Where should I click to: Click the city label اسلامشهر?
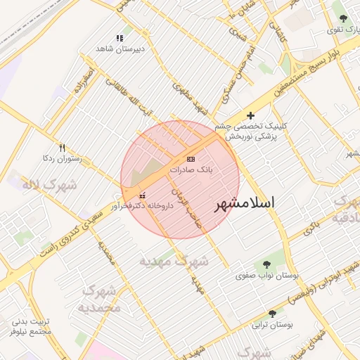tap(243, 202)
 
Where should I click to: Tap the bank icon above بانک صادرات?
tap(191, 159)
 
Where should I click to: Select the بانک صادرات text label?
tap(191, 170)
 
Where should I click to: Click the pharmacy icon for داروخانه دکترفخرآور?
tap(143, 195)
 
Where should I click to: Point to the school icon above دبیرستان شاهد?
tap(120, 38)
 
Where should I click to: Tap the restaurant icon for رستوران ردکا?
tap(62, 147)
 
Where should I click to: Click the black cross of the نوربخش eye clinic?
tap(250, 115)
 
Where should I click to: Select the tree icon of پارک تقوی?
tap(343, 19)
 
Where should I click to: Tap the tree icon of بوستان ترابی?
tap(272, 314)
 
